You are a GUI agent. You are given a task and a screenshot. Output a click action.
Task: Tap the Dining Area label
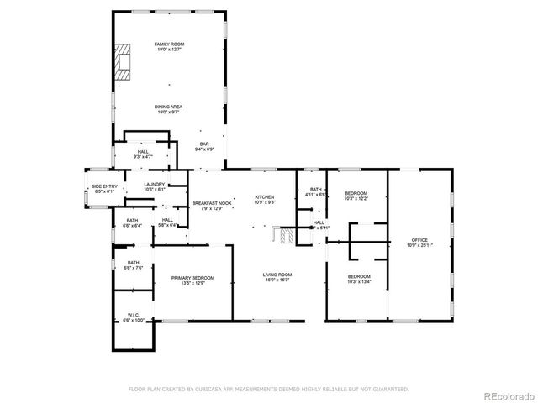tap(169, 109)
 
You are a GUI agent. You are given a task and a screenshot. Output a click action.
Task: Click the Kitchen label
tap(266, 200)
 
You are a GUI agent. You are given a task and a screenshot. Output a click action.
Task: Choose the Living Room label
tap(277, 277)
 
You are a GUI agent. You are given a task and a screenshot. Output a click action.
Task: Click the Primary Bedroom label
tap(193, 280)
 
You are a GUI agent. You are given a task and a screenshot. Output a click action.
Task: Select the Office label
tap(419, 243)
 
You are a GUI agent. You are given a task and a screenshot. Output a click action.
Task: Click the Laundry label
tap(154, 186)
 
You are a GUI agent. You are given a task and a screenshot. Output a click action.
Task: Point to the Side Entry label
tap(103, 190)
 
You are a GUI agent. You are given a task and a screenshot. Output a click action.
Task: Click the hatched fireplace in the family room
tap(124, 62)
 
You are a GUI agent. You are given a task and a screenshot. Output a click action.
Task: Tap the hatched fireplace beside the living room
tap(287, 236)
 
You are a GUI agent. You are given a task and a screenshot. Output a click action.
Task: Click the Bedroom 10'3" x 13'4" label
tap(359, 280)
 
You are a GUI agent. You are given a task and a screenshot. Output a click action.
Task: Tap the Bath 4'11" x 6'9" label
tap(315, 192)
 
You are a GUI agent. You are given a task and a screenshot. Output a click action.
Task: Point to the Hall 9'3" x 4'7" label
tap(143, 154)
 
